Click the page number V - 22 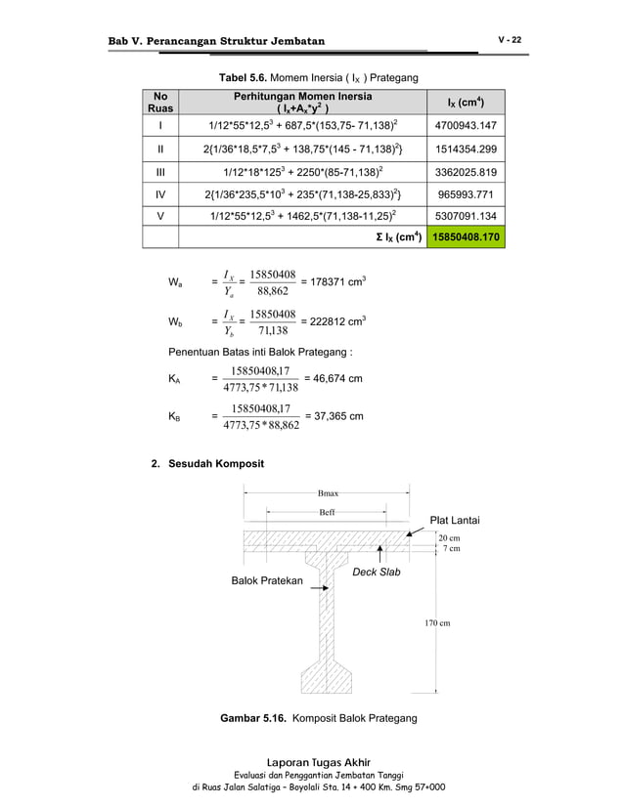pyautogui.click(x=510, y=39)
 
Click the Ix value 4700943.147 pyautogui.click(x=465, y=126)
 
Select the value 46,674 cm pyautogui.click(x=334, y=377)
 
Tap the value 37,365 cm pyautogui.click(x=334, y=416)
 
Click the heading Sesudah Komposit pyautogui.click(x=210, y=463)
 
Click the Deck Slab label pyautogui.click(x=376, y=572)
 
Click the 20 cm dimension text pyautogui.click(x=450, y=538)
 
